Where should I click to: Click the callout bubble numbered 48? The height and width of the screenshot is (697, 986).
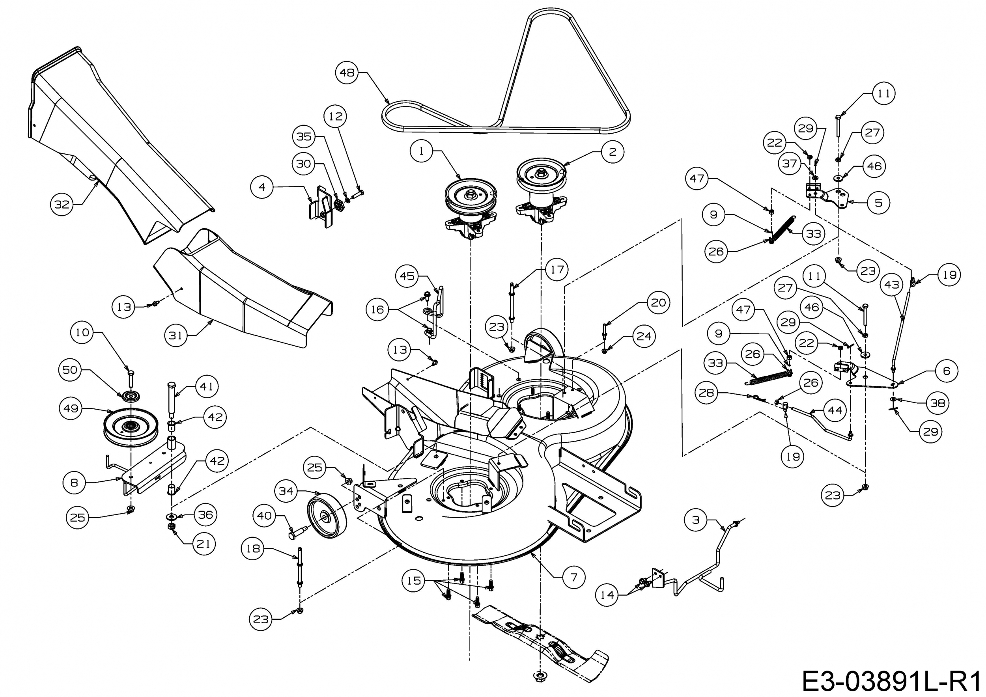coord(347,73)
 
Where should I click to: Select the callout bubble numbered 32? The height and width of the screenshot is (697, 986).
coord(62,204)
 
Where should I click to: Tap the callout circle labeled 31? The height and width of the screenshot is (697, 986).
coord(176,335)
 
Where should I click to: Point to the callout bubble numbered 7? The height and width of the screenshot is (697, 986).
coord(574,577)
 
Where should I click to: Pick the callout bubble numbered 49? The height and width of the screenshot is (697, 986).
coord(71,408)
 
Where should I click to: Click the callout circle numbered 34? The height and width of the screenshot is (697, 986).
coord(286,491)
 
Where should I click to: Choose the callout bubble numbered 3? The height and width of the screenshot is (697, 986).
coord(696,520)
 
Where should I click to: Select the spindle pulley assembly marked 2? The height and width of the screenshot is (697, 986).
coord(541,189)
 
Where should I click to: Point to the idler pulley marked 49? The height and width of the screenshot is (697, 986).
coord(131,427)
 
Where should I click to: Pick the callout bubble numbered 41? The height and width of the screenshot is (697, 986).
coord(207,386)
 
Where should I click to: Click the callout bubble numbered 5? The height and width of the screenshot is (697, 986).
coord(879,203)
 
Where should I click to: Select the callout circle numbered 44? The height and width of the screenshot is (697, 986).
coord(835,411)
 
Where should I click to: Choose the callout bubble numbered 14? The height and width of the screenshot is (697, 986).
coord(607,595)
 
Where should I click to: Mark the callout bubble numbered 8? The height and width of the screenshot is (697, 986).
coord(74,483)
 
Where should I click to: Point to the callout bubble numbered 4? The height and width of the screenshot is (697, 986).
coord(262,187)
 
